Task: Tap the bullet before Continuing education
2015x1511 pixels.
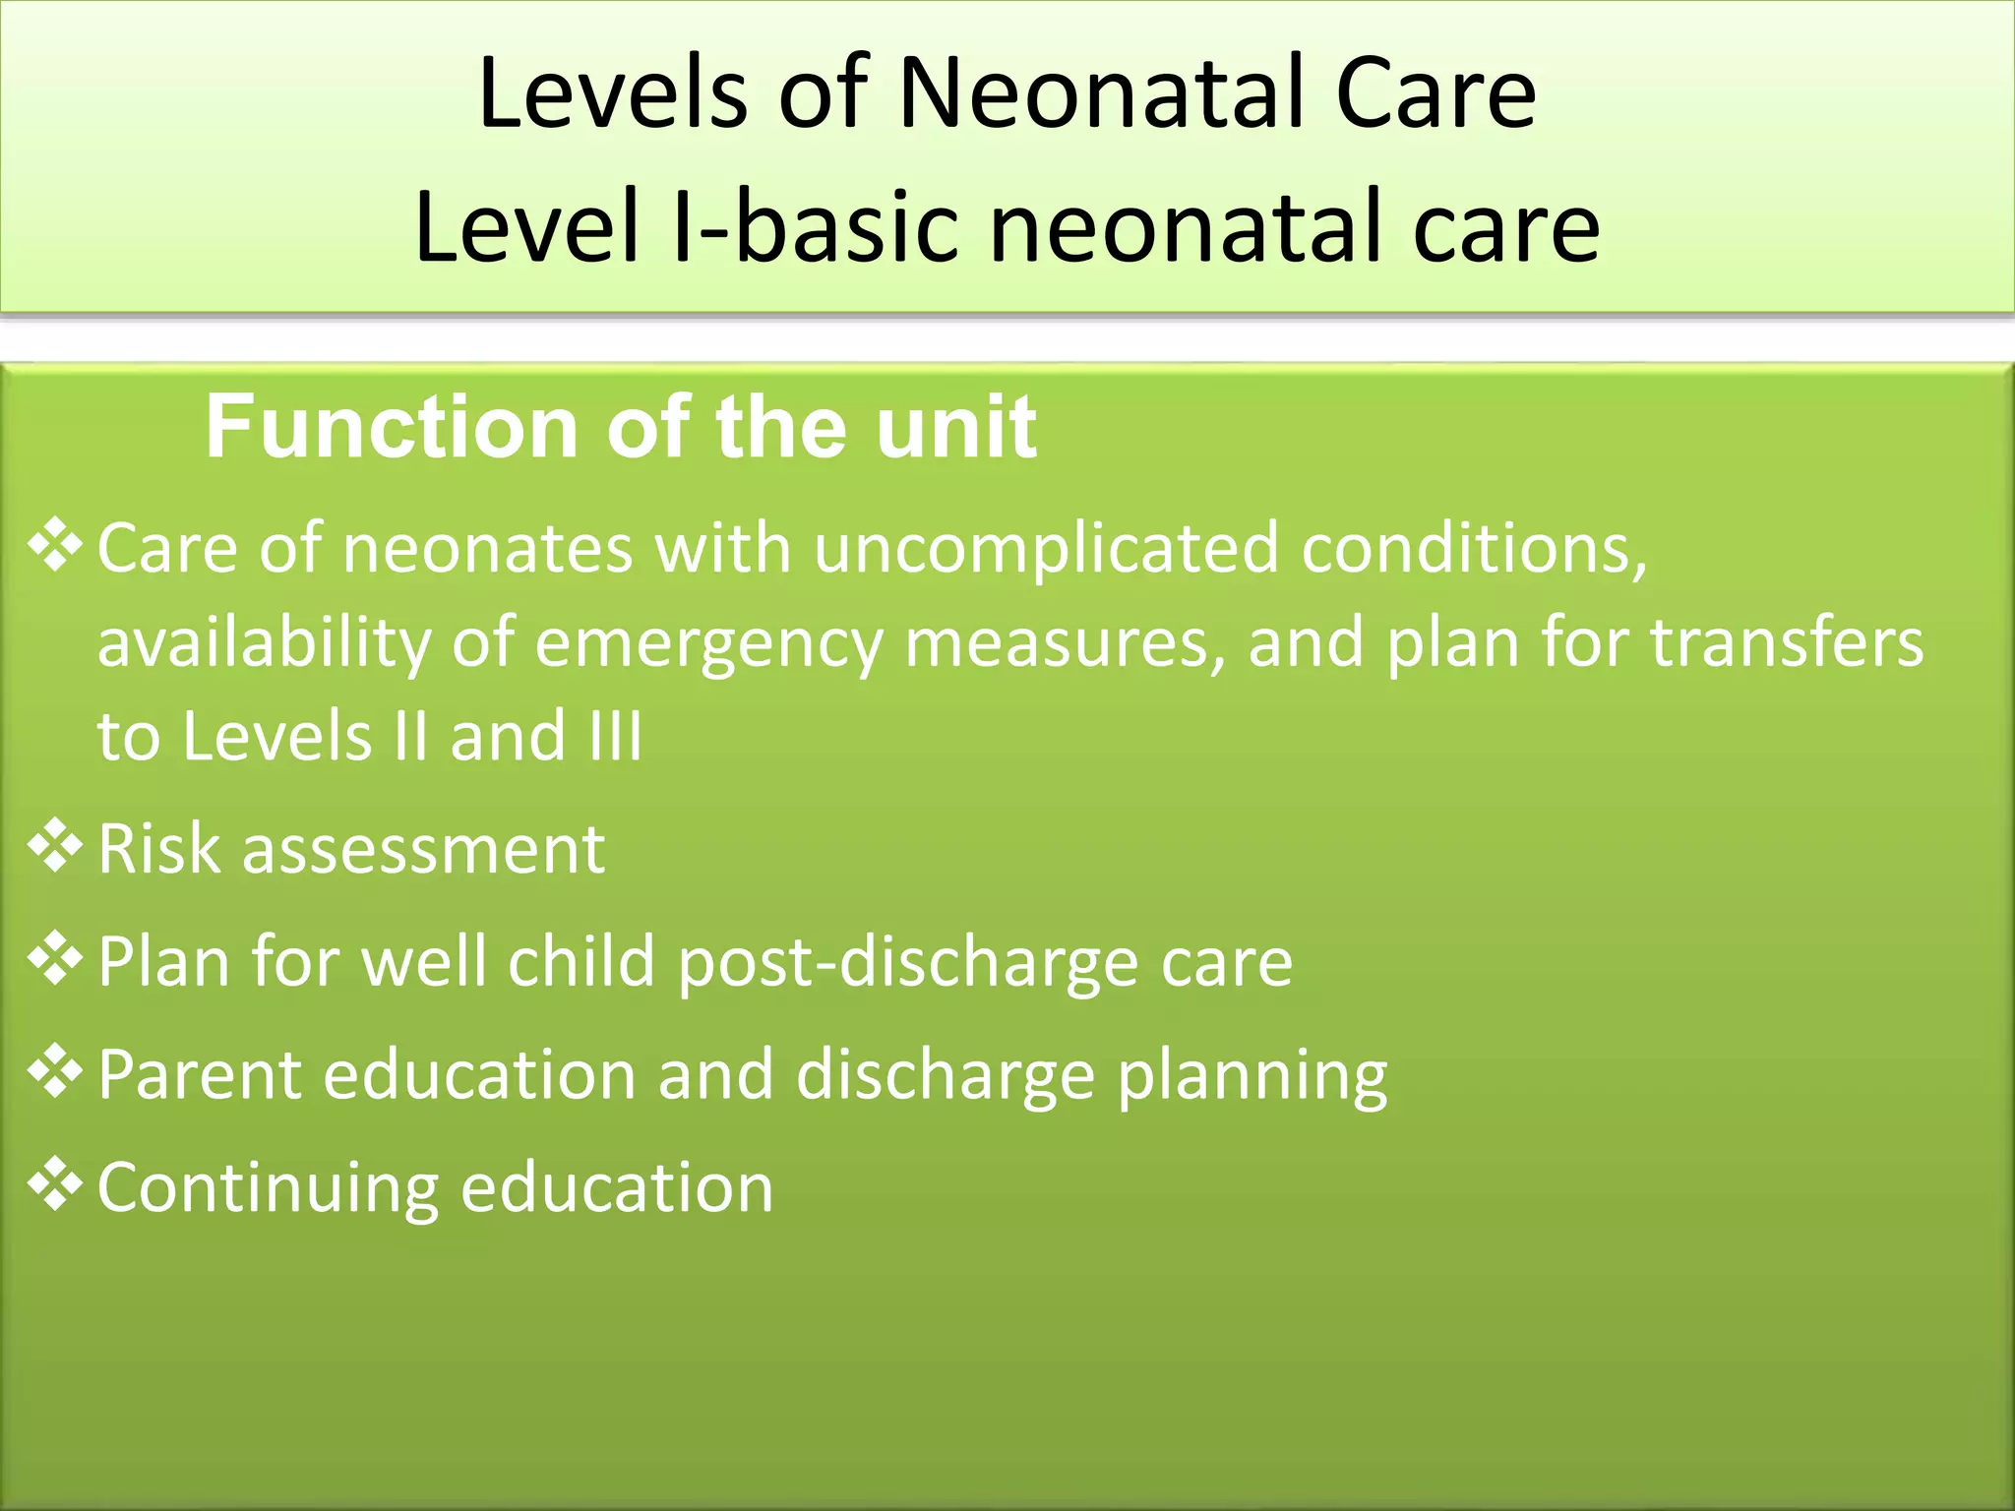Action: (x=55, y=1184)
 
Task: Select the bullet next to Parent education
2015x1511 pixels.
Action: (x=55, y=1071)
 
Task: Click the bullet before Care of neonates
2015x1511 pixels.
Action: (x=55, y=546)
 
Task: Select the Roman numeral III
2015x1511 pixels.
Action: (x=616, y=736)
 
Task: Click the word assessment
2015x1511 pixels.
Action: (x=423, y=850)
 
